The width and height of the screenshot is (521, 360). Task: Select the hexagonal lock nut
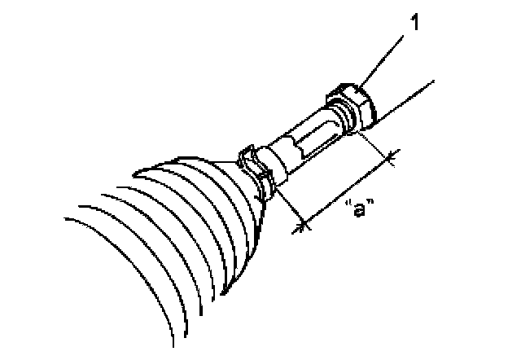(352, 105)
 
